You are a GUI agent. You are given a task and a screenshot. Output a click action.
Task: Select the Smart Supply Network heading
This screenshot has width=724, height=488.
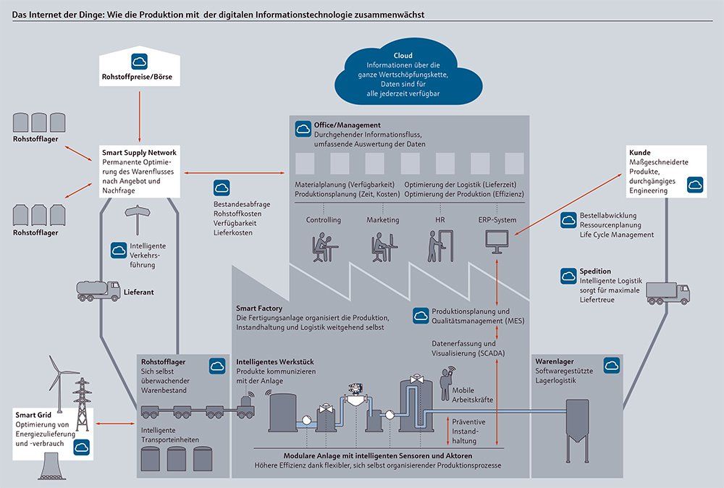pos(140,152)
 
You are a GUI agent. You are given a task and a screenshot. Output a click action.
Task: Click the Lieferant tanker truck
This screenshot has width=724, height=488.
pos(98,290)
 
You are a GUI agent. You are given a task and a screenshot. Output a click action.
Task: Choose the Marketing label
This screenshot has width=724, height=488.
pos(382,219)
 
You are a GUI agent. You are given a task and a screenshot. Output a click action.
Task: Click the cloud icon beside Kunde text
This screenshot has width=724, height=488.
pos(695,185)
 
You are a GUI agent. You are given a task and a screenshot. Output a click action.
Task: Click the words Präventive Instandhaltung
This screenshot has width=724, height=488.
pos(468,430)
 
